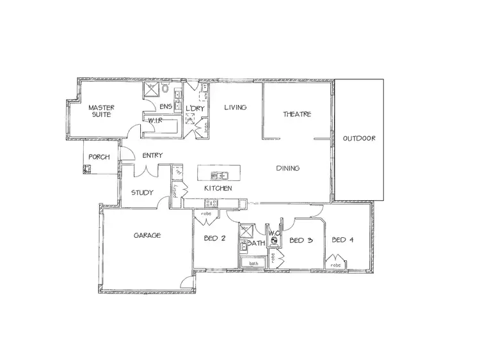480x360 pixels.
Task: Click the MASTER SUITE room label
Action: click(101, 111)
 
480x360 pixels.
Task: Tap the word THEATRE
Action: click(297, 114)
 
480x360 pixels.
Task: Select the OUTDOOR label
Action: click(358, 138)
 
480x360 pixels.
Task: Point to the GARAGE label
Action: click(147, 235)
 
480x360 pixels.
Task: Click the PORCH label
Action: click(99, 157)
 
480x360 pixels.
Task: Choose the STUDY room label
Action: click(142, 192)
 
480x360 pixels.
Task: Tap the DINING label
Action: click(288, 168)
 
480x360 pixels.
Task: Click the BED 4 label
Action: click(343, 240)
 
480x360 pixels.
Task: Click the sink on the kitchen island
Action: click(220, 175)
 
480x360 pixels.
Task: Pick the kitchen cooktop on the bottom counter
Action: click(211, 203)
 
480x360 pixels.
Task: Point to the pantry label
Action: click(174, 191)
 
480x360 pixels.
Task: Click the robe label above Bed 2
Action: click(206, 214)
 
